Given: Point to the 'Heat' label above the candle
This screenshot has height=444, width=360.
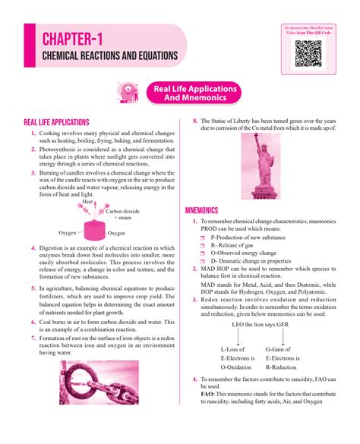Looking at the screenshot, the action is [x=87, y=202].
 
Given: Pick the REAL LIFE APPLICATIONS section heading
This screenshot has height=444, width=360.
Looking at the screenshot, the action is [x=57, y=122].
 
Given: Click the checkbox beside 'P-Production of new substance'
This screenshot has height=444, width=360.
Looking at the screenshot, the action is [x=203, y=238].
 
